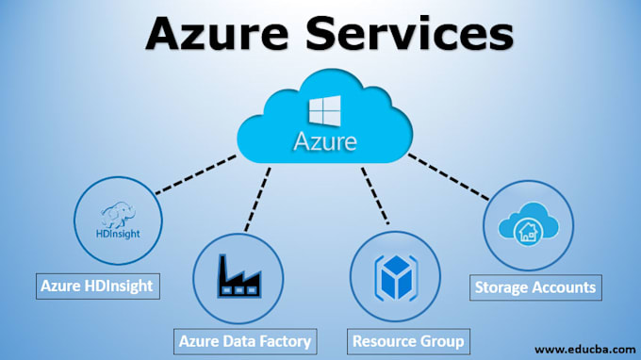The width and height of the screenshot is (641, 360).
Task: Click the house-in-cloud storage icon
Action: tap(526, 227)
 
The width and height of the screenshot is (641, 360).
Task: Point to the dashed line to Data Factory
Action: tap(258, 198)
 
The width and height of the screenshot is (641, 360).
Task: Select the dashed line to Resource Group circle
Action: tap(374, 198)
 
